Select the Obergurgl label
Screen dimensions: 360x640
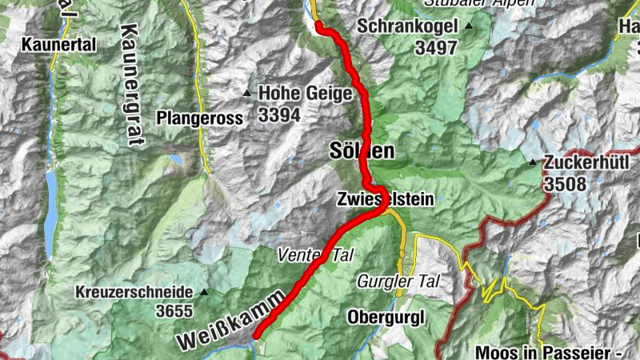[386, 317]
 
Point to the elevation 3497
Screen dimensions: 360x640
[436, 47]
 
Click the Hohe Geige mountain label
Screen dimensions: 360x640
[305, 94]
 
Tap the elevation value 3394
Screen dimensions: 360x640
[279, 115]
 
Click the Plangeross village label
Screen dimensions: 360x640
[199, 118]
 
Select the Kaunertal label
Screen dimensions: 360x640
[60, 45]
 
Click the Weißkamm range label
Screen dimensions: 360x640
[230, 320]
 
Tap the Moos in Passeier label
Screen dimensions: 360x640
[552, 351]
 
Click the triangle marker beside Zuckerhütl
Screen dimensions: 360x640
[532, 162]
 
